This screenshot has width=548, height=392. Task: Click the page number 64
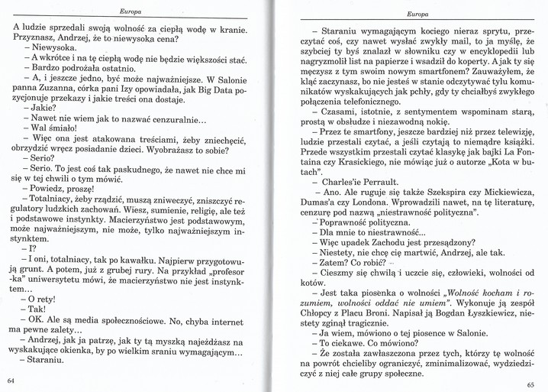11,380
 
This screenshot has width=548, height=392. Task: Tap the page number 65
532,385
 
